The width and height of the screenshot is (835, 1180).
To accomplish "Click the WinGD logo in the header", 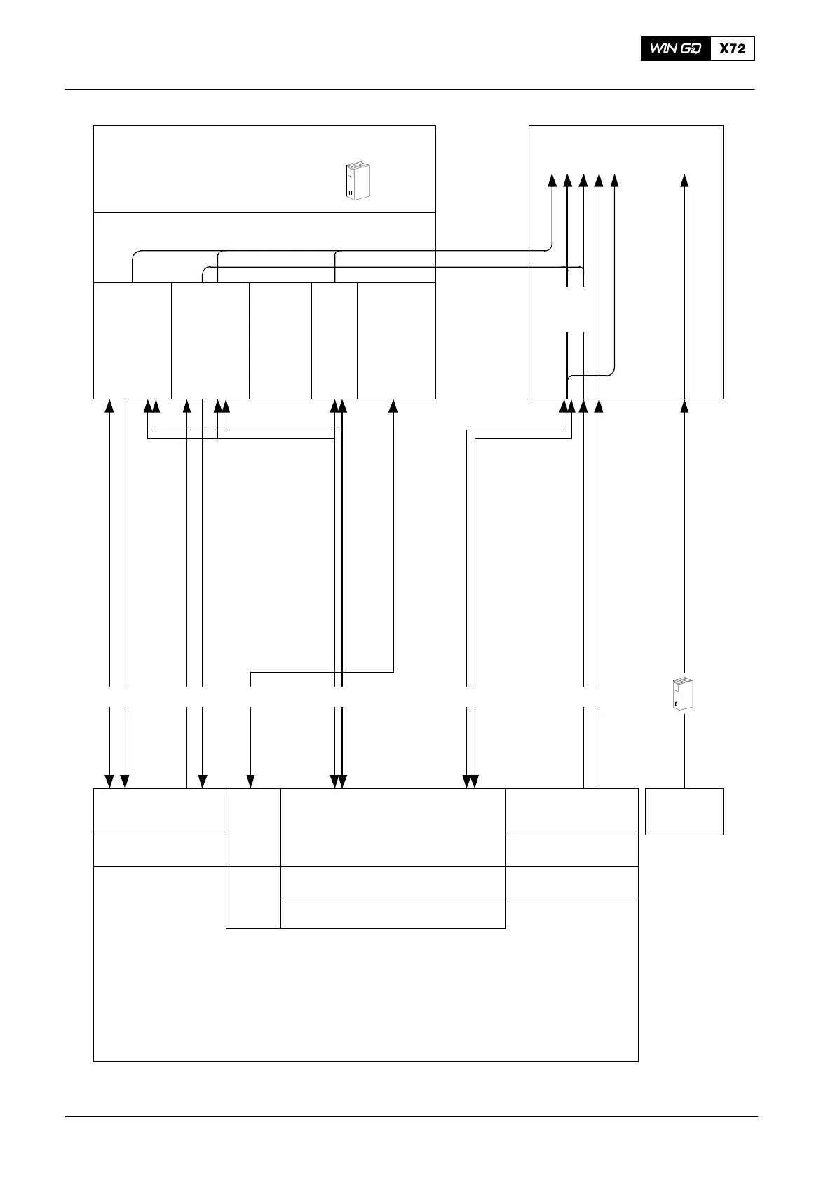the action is pos(675,49).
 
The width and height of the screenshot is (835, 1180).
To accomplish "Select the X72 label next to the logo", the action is pos(732,49).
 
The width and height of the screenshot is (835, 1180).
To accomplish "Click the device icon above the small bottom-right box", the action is pos(681,695).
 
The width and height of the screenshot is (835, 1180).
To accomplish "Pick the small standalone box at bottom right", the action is pos(684,811).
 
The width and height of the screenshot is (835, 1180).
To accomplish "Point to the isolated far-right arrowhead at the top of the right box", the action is pos(685,181).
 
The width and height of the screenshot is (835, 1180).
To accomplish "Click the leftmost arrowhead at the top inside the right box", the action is pos(552,181).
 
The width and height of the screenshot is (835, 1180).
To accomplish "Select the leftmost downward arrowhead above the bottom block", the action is pos(109,781).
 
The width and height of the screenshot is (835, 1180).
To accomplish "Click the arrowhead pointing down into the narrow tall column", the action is pos(251,781).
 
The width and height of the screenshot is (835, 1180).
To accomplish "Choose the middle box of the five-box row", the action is pos(280,341).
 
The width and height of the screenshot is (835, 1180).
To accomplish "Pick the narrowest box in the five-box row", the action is pos(334,341).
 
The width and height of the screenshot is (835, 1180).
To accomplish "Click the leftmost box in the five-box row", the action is pos(133,341).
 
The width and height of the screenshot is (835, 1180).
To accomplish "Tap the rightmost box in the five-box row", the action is pos(396,341).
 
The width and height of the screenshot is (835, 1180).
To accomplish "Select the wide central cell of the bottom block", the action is pos(393,827).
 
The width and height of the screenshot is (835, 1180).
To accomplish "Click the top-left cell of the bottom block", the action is pos(159,811).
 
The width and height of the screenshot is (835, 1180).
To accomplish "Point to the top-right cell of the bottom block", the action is pos(571,811).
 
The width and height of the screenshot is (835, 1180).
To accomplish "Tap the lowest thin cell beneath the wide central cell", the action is pos(393,913).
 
